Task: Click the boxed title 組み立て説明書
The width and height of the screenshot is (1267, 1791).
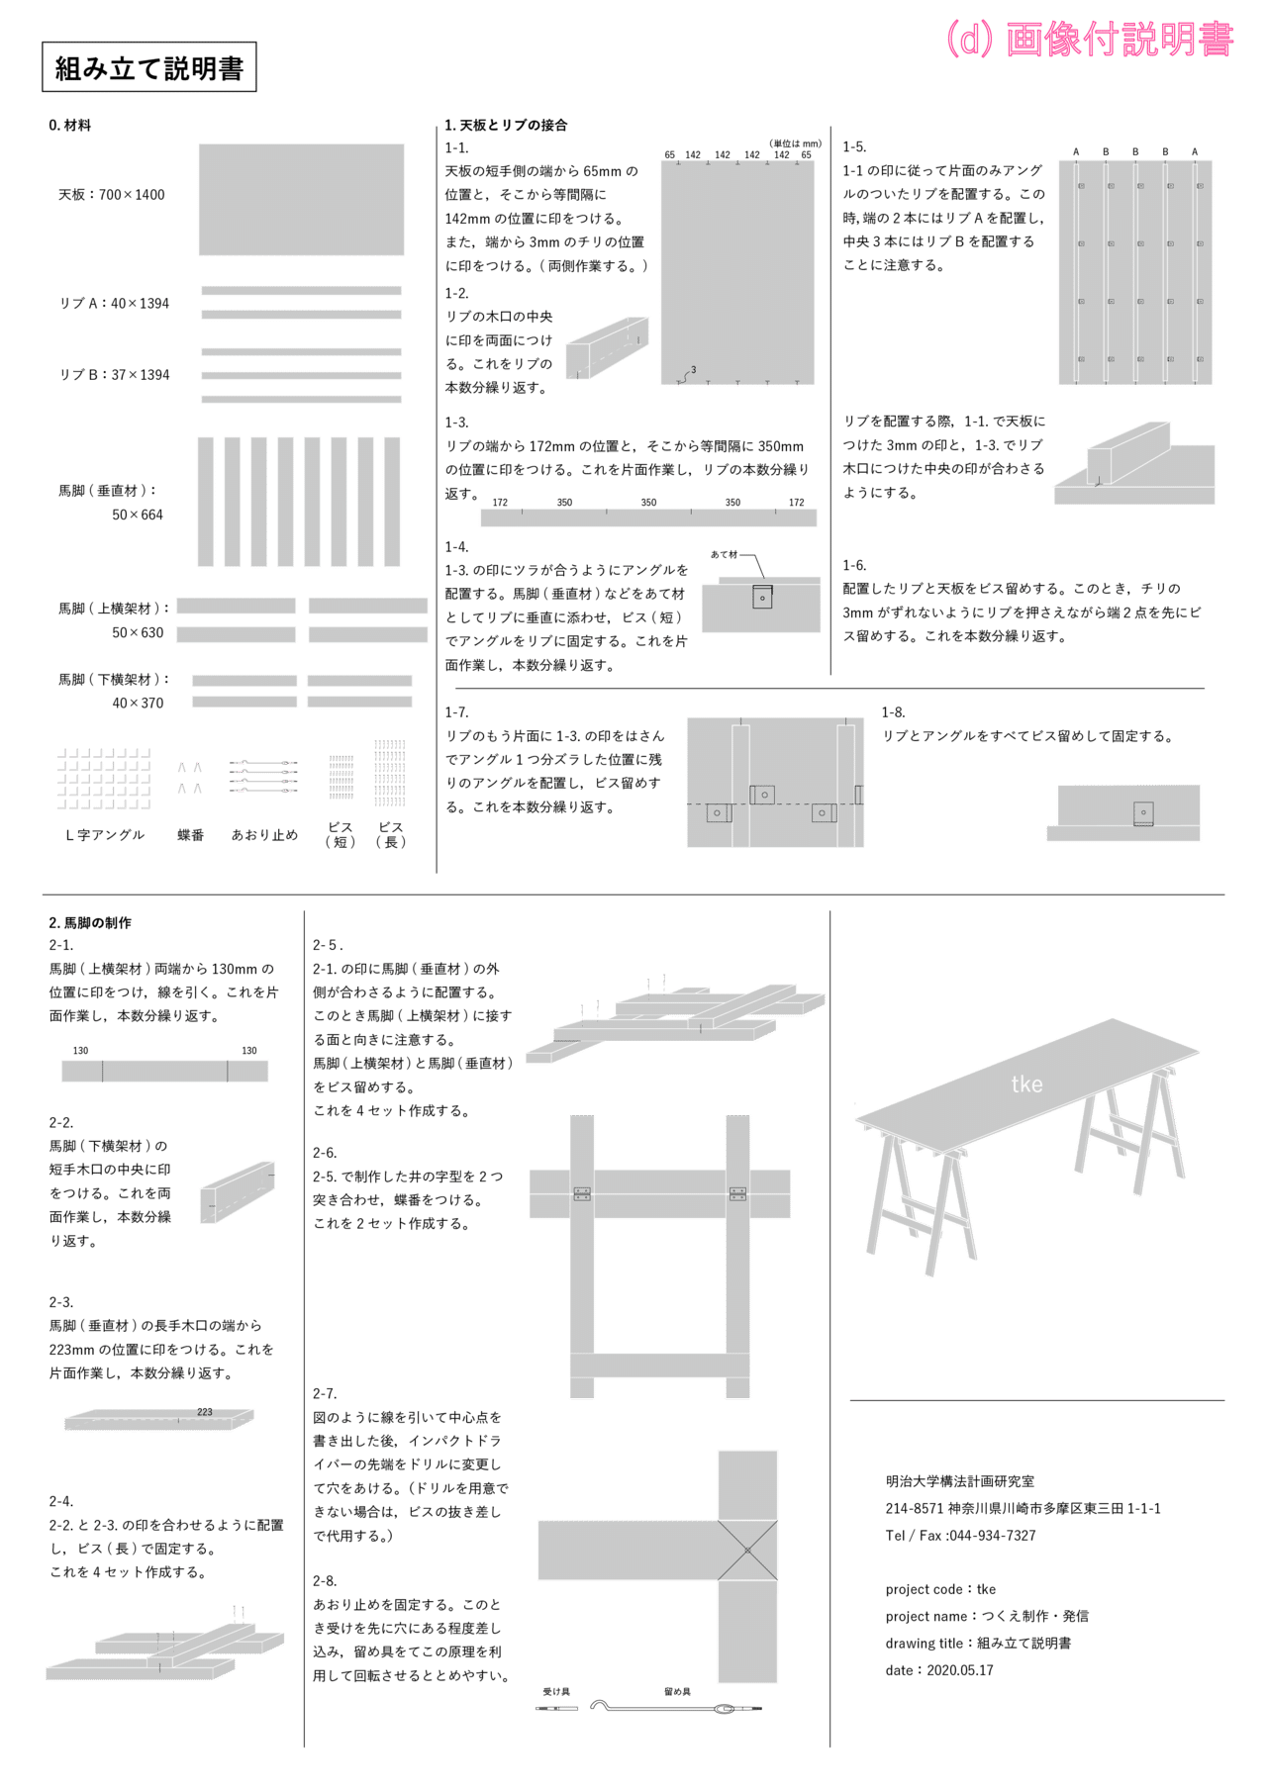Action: point(148,67)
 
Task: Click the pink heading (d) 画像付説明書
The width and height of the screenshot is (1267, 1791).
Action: point(1090,39)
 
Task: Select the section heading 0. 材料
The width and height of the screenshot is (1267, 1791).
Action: point(70,125)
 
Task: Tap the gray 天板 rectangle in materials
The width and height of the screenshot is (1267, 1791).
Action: point(301,200)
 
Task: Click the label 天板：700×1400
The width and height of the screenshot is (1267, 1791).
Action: point(112,195)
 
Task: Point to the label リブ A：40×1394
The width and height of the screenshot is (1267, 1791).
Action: point(114,303)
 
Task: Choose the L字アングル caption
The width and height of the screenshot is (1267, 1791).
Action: point(105,835)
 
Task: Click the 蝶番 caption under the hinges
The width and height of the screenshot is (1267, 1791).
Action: point(191,835)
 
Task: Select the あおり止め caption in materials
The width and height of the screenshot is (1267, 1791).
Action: point(264,835)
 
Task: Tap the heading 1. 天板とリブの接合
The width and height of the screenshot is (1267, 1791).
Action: point(506,125)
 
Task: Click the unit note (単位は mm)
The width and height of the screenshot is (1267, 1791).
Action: point(795,143)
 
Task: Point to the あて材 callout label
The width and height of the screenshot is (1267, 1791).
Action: point(724,554)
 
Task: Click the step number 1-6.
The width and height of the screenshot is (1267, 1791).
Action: point(854,565)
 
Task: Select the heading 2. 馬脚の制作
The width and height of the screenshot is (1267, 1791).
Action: point(90,922)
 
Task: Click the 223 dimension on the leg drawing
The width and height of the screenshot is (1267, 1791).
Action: point(205,1412)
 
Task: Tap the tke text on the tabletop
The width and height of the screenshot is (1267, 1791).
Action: point(1027,1084)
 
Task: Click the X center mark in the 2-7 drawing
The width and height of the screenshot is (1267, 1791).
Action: point(747,1551)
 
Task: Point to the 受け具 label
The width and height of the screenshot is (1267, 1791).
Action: point(556,1692)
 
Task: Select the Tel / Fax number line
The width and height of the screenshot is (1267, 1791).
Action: point(961,1536)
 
